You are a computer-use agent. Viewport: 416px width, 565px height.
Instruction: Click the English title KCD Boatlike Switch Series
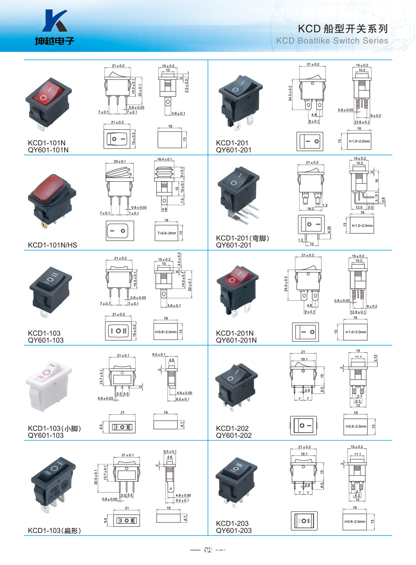tap(332, 41)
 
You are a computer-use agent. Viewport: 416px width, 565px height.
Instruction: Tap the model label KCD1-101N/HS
tap(52, 245)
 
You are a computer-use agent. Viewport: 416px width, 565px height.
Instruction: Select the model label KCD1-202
tap(232, 428)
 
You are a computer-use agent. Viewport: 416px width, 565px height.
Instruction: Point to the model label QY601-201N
tap(236, 340)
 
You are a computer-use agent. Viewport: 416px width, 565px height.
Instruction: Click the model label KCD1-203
tap(232, 524)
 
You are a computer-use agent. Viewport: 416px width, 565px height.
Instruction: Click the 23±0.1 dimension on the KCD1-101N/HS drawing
tap(120, 161)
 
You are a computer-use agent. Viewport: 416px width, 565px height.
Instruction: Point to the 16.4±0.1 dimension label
tap(165, 159)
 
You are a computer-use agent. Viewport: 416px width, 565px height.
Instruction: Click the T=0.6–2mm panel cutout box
tap(166, 233)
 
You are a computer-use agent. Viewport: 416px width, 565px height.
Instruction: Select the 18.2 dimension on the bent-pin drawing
tap(310, 209)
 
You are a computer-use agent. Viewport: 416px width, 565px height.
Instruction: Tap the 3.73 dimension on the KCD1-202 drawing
tap(376, 358)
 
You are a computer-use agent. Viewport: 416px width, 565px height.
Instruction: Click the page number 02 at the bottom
tap(208, 550)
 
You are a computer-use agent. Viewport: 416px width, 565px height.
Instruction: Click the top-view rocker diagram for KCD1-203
tap(304, 521)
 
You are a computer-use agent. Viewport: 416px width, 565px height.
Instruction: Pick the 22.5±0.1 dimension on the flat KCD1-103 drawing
tap(96, 477)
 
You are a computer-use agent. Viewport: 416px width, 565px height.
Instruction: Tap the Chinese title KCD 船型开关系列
tap(343, 29)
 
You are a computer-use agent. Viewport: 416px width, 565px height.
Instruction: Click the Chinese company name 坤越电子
tap(55, 41)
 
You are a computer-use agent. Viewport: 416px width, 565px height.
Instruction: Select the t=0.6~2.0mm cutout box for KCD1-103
tap(166, 332)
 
